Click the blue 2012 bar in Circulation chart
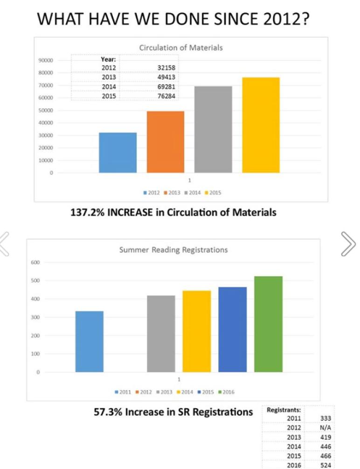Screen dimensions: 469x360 [118, 153]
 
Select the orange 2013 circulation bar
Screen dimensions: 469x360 [165, 142]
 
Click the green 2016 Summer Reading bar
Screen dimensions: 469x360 [268, 324]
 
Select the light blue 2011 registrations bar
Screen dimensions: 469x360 [90, 342]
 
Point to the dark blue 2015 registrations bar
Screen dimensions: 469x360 [232, 329]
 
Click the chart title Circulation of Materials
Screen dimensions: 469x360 [181, 48]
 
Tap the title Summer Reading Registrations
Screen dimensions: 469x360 [173, 250]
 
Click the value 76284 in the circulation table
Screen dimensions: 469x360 [166, 96]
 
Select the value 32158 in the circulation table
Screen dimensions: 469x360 [166, 68]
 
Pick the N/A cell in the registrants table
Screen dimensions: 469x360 [326, 427]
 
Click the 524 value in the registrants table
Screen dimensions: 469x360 [326, 465]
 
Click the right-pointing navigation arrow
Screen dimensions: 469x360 [348, 244]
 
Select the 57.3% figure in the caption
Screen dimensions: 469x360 [108, 412]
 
